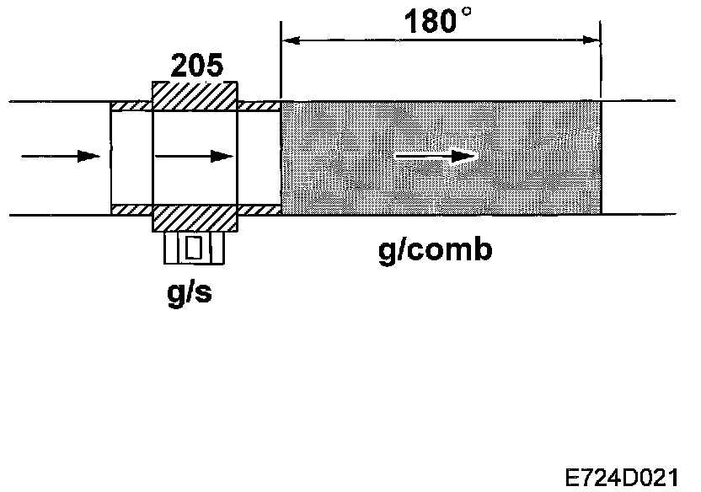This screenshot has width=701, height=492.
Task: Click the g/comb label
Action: click(435, 250)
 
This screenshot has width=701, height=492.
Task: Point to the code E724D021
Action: click(626, 474)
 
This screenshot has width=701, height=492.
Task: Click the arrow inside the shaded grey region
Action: click(435, 156)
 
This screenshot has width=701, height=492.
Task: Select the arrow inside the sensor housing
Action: click(194, 156)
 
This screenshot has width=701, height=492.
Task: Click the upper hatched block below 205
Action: click(194, 94)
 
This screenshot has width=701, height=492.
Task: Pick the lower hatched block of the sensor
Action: click(194, 218)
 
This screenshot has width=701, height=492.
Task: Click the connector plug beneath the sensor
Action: click(195, 247)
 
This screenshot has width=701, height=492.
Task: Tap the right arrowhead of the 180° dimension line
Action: click(590, 38)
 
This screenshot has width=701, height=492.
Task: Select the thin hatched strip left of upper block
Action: click(131, 105)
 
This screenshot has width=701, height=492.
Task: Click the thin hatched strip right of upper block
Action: click(258, 105)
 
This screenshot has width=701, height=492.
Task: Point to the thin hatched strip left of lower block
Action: click(131, 208)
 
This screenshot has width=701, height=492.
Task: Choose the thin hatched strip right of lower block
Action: click(258, 208)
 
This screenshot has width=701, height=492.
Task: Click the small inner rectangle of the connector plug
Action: click(195, 248)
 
